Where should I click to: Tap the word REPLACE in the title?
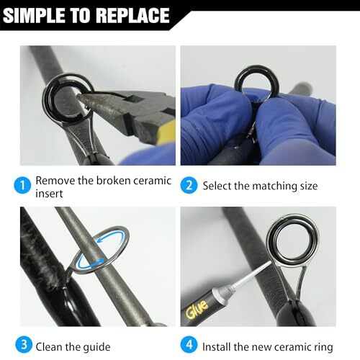[x=130, y=15]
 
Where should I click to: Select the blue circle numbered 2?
[x=189, y=185]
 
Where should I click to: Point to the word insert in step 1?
[x=50, y=194]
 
